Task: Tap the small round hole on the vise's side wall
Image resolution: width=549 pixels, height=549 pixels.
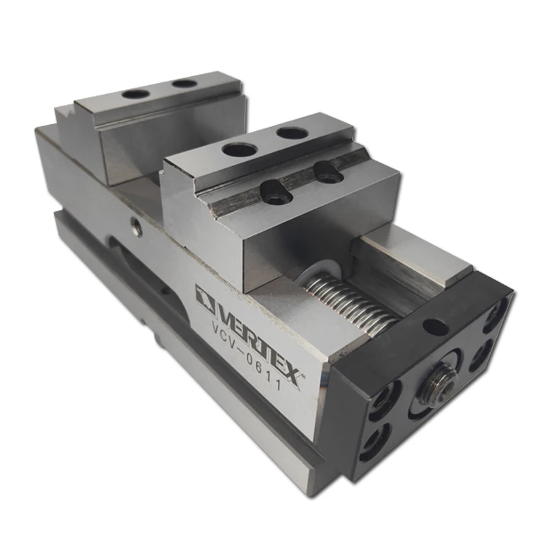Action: [x=136, y=226]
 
